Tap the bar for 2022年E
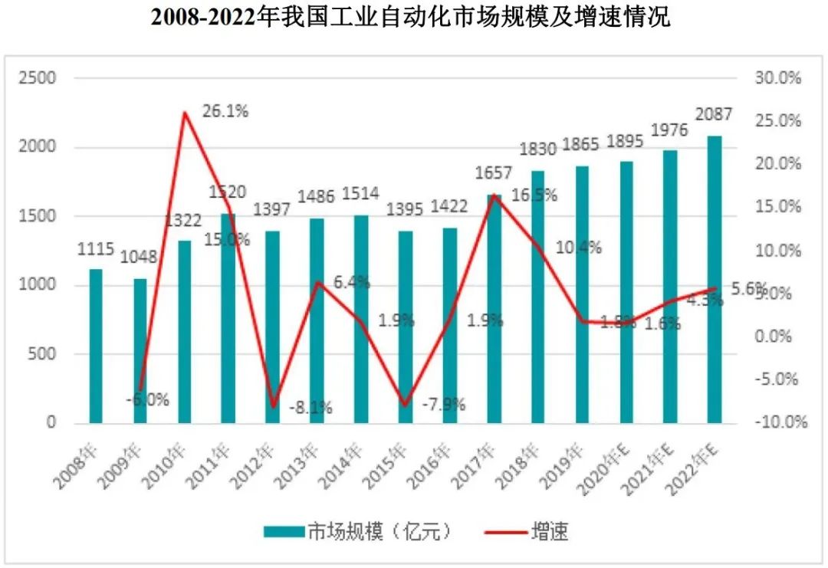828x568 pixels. pos(714,279)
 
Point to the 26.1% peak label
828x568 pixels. pos(225,111)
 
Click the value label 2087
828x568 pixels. pos(714,114)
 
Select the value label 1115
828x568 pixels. pos(96,248)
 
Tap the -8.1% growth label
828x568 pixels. pos(310,408)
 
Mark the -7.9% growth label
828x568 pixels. pos(444,404)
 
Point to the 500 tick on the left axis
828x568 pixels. pos(44,354)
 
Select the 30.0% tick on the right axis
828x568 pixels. pos(778,78)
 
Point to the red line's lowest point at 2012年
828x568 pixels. pos(273,407)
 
